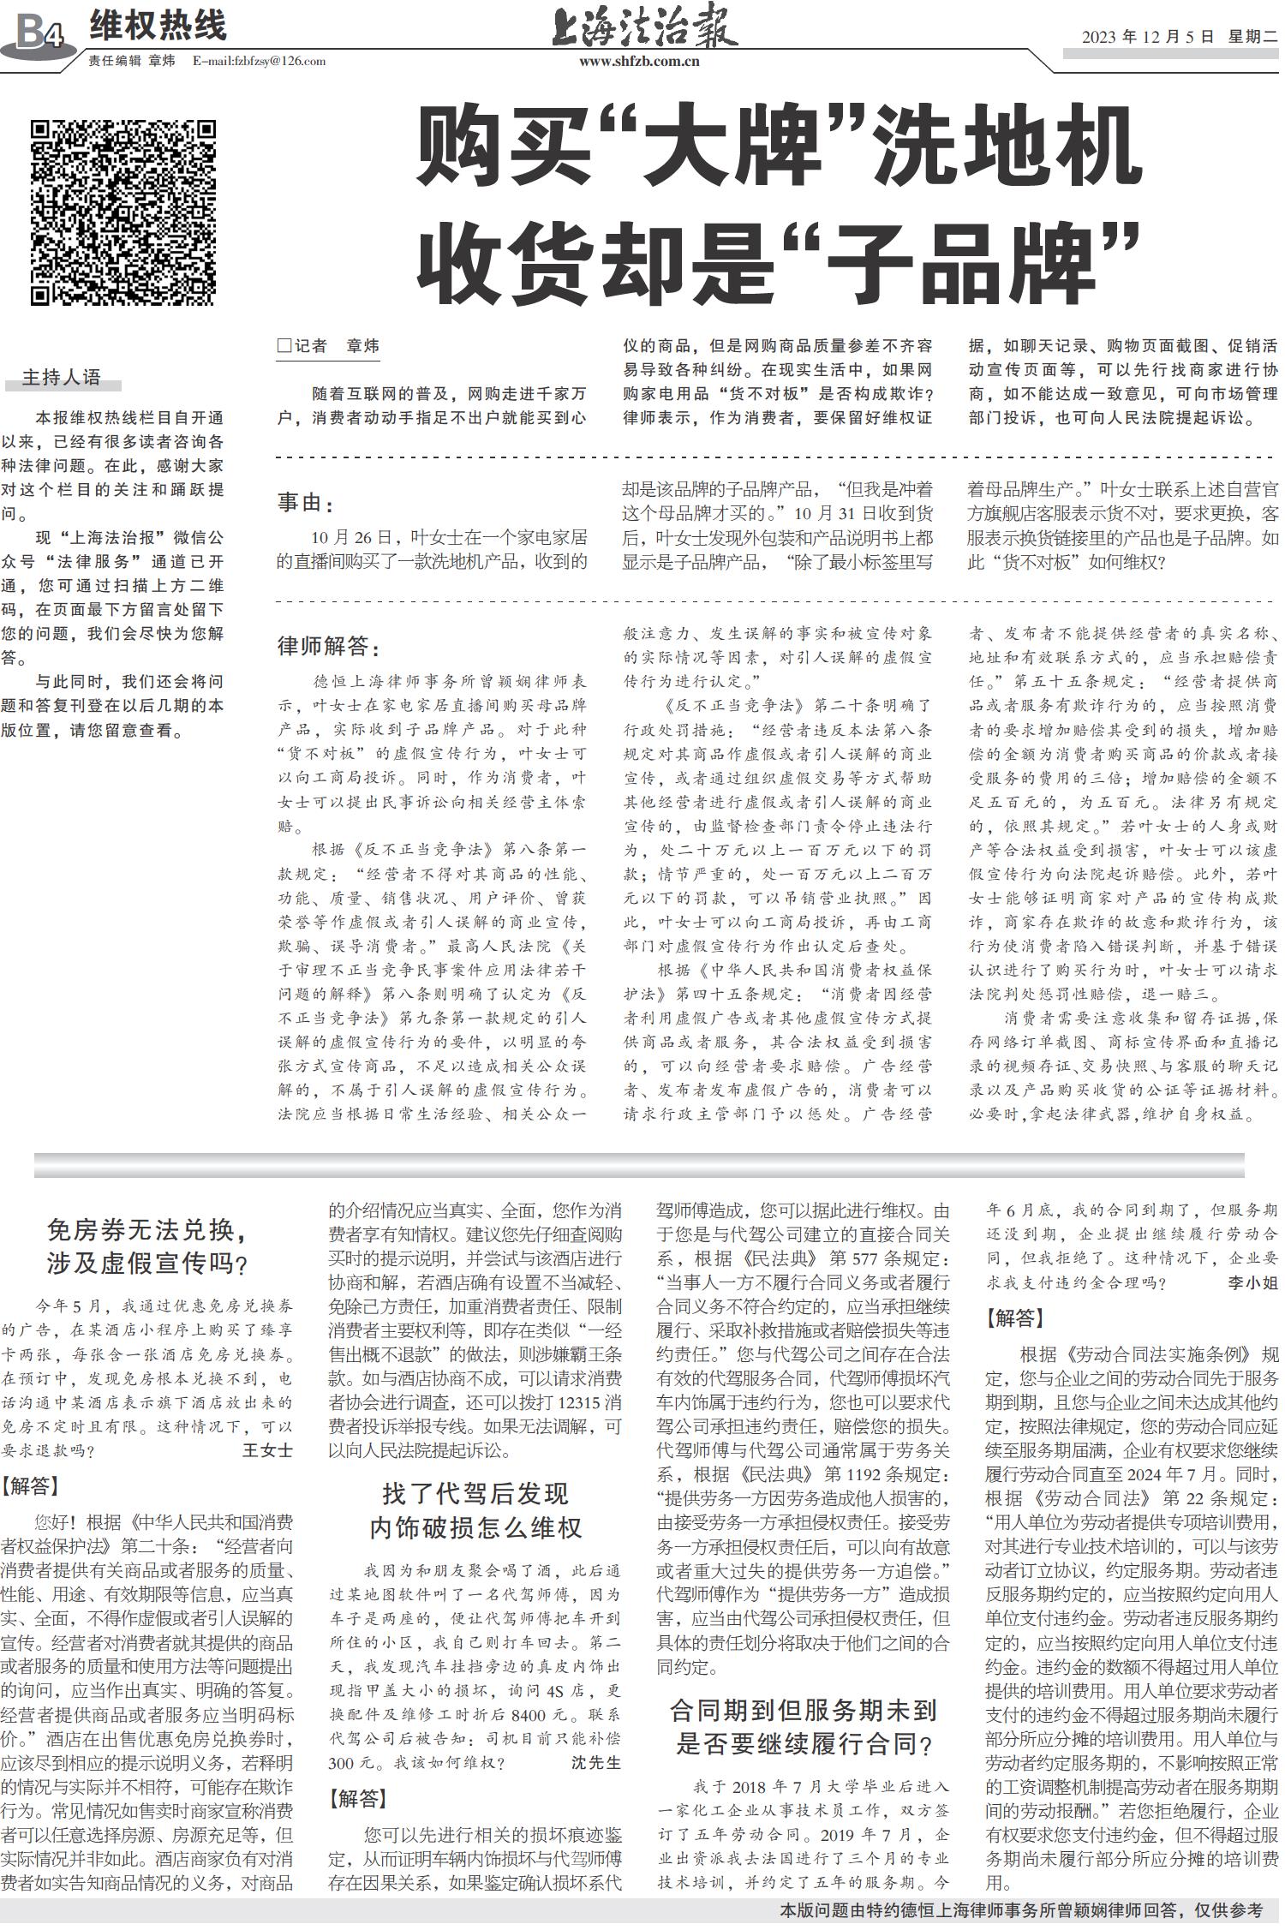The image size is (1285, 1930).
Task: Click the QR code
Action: [x=123, y=213]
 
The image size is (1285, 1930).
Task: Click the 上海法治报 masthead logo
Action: [x=643, y=28]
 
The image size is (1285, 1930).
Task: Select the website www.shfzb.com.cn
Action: [x=639, y=61]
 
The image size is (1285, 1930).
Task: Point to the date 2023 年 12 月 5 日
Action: [x=1148, y=37]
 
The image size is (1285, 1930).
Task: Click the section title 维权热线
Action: [x=158, y=26]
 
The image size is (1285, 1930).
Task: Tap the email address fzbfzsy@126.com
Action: [x=260, y=61]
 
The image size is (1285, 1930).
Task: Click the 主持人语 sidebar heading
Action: [x=61, y=377]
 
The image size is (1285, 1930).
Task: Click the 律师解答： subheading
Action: [x=328, y=646]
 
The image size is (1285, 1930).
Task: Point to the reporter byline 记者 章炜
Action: [x=328, y=346]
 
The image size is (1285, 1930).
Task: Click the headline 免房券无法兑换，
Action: [x=148, y=1231]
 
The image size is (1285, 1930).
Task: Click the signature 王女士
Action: [x=267, y=1449]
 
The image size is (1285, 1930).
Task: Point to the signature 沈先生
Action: [x=596, y=1761]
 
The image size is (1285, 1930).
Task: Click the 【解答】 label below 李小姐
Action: [x=1015, y=1318]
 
